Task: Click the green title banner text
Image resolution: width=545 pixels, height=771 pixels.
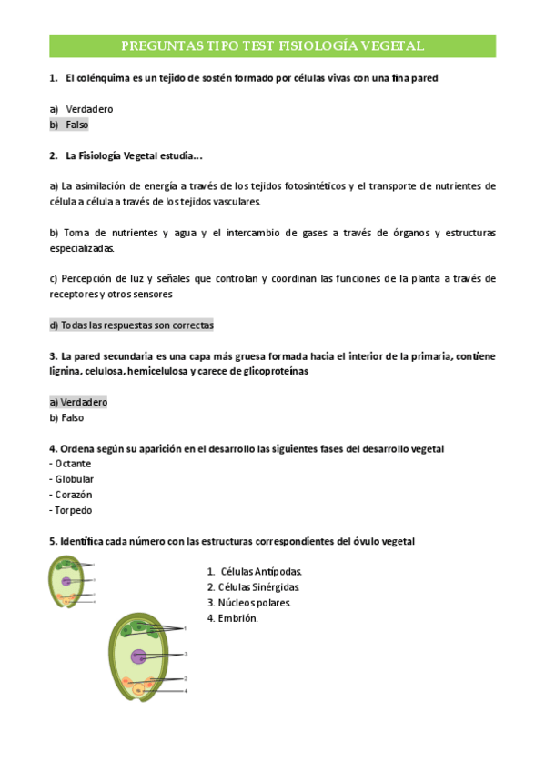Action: [x=272, y=46]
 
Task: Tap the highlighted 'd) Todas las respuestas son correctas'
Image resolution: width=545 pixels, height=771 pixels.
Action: [x=131, y=325]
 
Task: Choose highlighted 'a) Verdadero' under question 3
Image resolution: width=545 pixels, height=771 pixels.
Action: [x=78, y=402]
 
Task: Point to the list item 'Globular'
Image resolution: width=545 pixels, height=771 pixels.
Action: [x=74, y=479]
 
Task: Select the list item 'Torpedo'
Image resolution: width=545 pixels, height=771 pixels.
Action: [x=73, y=510]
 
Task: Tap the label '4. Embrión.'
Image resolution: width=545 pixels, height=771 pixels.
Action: [x=233, y=618]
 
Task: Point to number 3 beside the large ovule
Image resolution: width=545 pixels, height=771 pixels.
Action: [x=186, y=654]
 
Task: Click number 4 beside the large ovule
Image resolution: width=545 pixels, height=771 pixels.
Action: [x=186, y=691]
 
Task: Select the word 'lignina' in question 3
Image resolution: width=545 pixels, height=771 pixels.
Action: [x=67, y=371]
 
